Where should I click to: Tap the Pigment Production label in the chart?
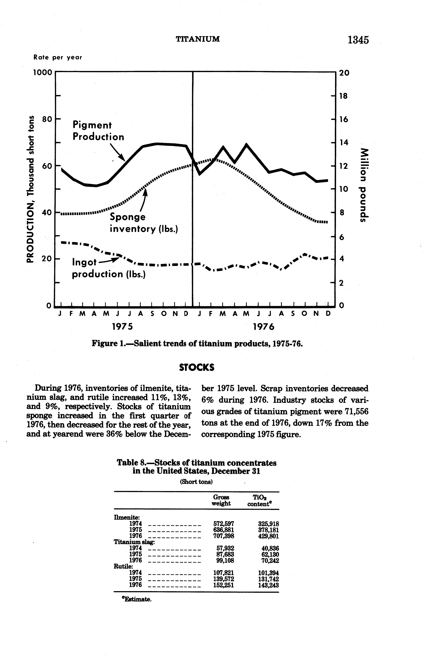[98, 131]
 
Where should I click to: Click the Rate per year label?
[58, 57]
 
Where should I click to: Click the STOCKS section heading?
[197, 368]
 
